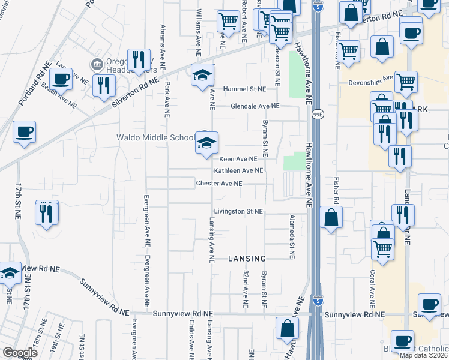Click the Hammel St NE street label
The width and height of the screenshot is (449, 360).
(244, 89)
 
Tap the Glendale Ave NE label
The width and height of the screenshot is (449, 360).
(256, 106)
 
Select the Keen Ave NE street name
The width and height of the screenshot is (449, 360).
(238, 159)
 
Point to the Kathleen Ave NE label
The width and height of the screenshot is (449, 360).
(239, 170)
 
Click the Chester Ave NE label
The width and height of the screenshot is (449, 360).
(219, 184)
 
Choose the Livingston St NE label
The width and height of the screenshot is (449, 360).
(238, 212)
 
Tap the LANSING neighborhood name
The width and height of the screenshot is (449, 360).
(247, 259)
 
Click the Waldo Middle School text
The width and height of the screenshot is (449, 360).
(155, 137)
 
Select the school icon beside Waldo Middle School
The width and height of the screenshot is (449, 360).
(206, 145)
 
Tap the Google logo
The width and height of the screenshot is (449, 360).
(20, 353)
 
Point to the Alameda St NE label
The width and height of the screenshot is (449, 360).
(292, 236)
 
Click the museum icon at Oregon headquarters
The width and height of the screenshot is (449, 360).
(95, 64)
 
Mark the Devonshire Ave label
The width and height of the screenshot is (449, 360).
(376, 79)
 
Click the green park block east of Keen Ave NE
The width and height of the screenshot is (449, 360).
(294, 161)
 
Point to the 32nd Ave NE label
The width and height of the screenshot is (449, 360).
(246, 289)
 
